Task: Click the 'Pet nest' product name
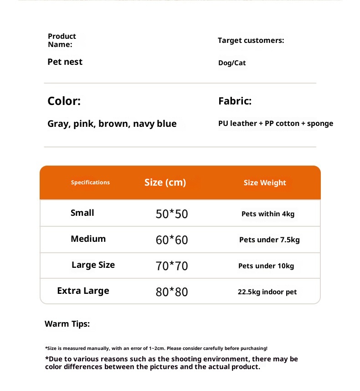[65, 62]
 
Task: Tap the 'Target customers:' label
[251, 41]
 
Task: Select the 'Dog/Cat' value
[232, 63]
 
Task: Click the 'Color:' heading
[64, 101]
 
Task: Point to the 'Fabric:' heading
[235, 101]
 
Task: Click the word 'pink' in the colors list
[83, 124]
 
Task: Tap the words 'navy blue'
[154, 124]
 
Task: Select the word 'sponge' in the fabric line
[320, 124]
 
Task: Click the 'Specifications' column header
[90, 182]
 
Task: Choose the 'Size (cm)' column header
[165, 182]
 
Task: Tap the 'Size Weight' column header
[265, 183]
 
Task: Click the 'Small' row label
[82, 213]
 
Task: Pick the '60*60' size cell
[172, 240]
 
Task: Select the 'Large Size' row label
[93, 265]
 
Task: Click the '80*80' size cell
[172, 292]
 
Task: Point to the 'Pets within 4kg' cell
[268, 214]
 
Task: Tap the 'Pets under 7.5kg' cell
[269, 240]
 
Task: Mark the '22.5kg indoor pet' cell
[267, 292]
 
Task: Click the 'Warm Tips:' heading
[67, 324]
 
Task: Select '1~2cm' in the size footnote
[157, 349]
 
